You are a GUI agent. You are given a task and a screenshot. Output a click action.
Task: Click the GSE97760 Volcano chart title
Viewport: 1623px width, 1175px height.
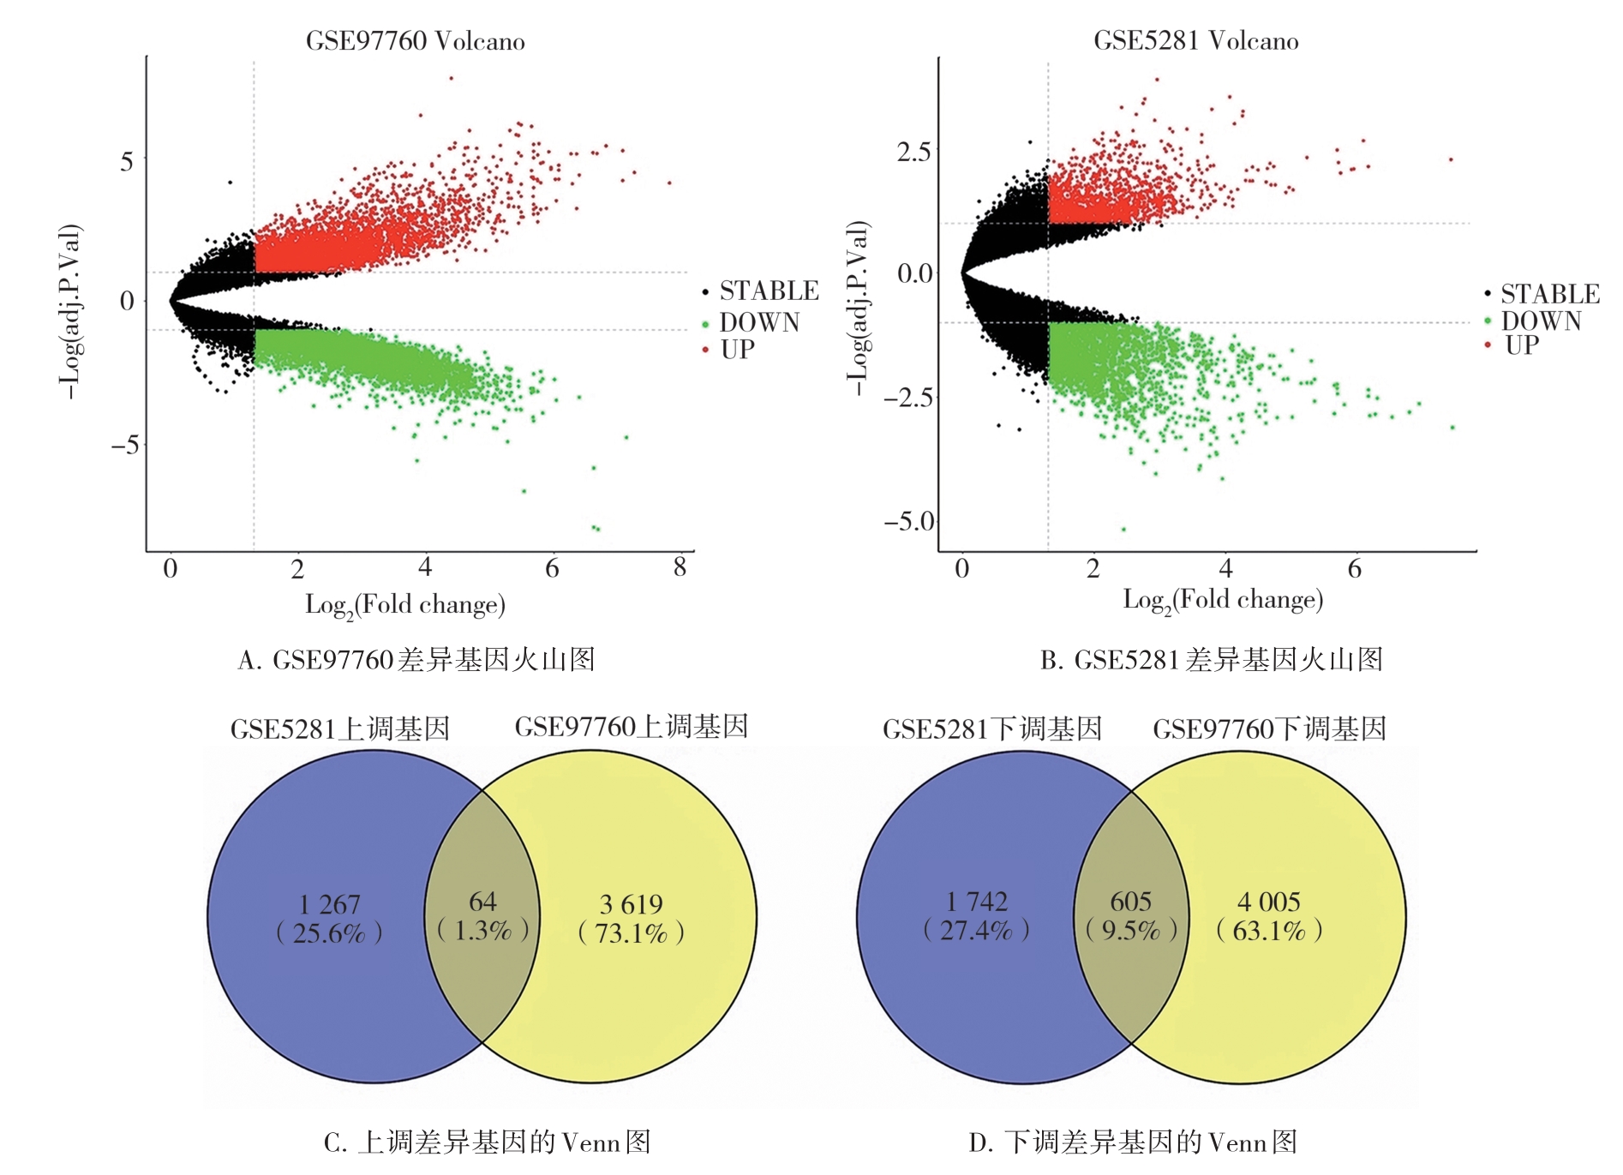point(415,41)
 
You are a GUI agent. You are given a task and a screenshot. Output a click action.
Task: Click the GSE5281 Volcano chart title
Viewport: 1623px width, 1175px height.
point(1195,41)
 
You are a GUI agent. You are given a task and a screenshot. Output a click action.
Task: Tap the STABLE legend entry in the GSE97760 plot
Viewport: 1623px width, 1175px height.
point(768,291)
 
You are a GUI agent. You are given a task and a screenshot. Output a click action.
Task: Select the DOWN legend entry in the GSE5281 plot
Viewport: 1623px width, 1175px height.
point(1540,321)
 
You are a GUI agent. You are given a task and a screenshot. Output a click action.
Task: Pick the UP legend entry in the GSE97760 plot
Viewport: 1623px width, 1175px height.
point(737,350)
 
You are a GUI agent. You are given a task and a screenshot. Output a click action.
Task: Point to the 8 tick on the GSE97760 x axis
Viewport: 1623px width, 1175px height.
point(680,567)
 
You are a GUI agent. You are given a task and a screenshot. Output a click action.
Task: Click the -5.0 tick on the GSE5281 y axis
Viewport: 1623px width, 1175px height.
point(909,521)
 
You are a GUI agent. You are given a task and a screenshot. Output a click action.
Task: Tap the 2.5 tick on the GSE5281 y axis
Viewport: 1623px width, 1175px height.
point(913,152)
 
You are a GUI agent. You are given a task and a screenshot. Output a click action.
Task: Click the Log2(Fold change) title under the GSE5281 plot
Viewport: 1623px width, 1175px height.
point(1223,600)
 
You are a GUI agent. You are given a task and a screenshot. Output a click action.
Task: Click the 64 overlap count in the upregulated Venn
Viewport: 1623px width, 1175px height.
point(482,902)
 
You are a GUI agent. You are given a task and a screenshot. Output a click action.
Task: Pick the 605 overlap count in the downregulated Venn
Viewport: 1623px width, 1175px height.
point(1130,902)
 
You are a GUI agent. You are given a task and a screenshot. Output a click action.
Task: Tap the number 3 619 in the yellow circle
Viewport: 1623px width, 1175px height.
point(631,904)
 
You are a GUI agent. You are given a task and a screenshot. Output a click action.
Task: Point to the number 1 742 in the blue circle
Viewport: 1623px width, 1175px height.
point(976,902)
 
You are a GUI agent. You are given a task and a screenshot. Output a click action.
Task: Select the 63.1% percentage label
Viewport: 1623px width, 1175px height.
point(1269,931)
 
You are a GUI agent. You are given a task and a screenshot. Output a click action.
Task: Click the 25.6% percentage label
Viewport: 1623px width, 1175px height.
point(329,933)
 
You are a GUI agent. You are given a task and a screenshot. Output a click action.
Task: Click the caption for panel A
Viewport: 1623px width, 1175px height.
point(416,660)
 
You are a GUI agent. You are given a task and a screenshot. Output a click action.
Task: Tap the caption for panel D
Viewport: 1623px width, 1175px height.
point(1132,1142)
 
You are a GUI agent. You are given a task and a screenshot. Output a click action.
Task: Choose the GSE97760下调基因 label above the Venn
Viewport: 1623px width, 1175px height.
point(1269,729)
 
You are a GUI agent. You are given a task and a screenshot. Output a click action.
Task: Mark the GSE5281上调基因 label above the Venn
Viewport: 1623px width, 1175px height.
point(340,729)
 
